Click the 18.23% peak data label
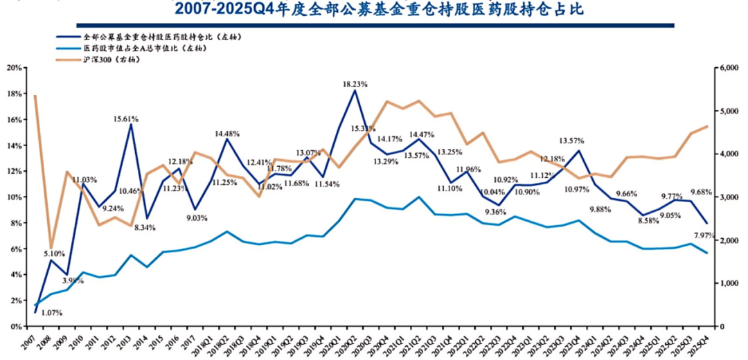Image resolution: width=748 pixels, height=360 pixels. (355, 84)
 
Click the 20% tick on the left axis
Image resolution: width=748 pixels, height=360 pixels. (14, 68)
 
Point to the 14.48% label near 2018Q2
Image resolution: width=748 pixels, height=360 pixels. (227, 133)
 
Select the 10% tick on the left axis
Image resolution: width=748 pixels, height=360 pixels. (14, 197)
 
